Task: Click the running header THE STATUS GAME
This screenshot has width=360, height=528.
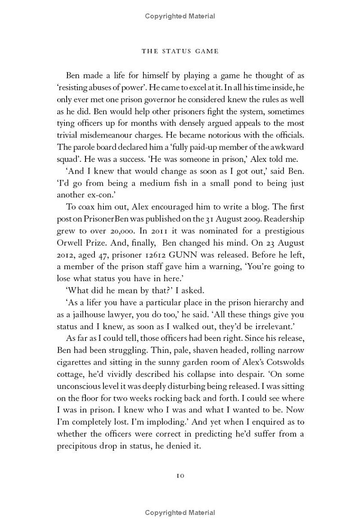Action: click(x=180, y=51)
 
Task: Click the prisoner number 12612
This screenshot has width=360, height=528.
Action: click(x=166, y=255)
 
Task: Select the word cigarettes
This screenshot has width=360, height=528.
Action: click(x=76, y=362)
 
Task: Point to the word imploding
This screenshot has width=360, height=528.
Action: click(x=166, y=422)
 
